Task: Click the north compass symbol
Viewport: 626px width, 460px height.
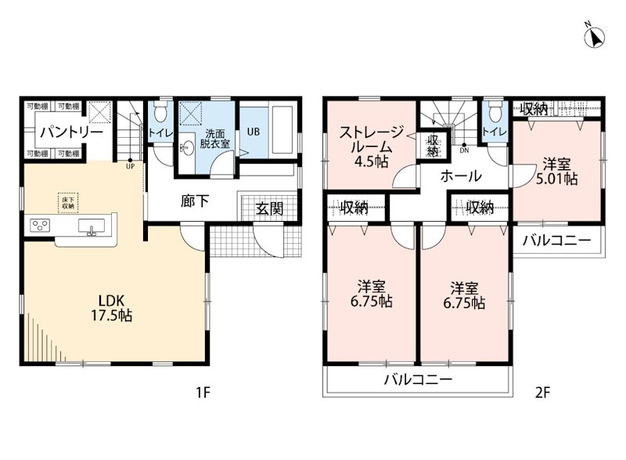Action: tap(595, 36)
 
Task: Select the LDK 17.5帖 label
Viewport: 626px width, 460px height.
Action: tap(112, 308)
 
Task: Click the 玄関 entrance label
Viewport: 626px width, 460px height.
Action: tap(269, 208)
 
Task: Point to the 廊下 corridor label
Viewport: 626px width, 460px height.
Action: tap(195, 201)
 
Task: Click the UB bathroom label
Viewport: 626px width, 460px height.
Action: tap(253, 131)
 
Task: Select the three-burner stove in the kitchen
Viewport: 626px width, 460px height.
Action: tap(40, 225)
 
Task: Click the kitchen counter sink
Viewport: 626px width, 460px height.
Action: tap(92, 226)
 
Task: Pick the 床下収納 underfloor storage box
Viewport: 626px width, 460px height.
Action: tap(67, 203)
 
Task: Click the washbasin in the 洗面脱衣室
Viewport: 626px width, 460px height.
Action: tap(186, 148)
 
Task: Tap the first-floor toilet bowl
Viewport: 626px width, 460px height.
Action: tap(161, 112)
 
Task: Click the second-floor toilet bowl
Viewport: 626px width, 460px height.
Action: tap(495, 112)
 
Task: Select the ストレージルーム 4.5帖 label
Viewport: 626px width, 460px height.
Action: tap(371, 147)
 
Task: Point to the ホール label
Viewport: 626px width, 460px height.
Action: tap(461, 176)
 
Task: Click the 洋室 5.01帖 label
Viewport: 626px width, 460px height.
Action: tap(557, 172)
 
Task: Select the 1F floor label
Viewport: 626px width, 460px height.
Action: tap(203, 393)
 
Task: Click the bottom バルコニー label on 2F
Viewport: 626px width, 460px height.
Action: tap(418, 379)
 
